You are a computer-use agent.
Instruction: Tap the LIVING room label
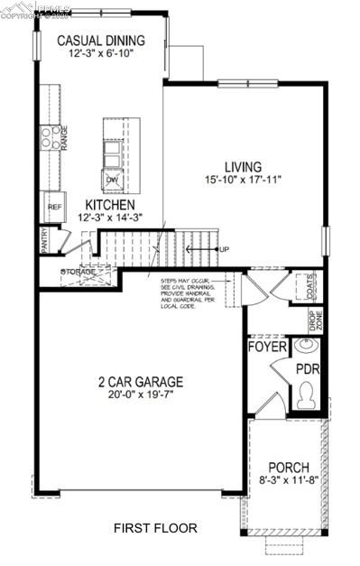point(244,167)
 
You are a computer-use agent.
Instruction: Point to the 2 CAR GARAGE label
point(141,381)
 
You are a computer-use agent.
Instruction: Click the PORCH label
point(289,467)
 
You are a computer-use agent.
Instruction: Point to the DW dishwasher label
point(113,181)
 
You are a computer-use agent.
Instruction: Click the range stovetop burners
point(47,137)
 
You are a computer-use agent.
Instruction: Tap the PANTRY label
point(43,240)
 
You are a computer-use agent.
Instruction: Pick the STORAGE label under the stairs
point(78,271)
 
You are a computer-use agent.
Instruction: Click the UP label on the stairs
point(224,249)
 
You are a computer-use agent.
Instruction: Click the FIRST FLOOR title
point(154,528)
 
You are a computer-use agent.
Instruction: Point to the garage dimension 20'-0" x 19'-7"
point(141,395)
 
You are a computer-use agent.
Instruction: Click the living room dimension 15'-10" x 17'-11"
point(244,180)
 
